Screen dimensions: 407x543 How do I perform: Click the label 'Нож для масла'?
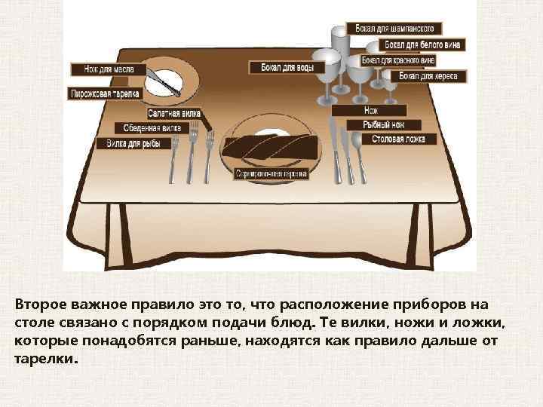104,69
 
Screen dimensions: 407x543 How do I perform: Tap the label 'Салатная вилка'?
174,113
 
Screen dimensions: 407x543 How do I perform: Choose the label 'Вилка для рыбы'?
138,142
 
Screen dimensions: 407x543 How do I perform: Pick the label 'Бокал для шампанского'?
398,29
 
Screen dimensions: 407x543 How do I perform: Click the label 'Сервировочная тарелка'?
271,174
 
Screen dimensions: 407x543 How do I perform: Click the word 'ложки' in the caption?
493,323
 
